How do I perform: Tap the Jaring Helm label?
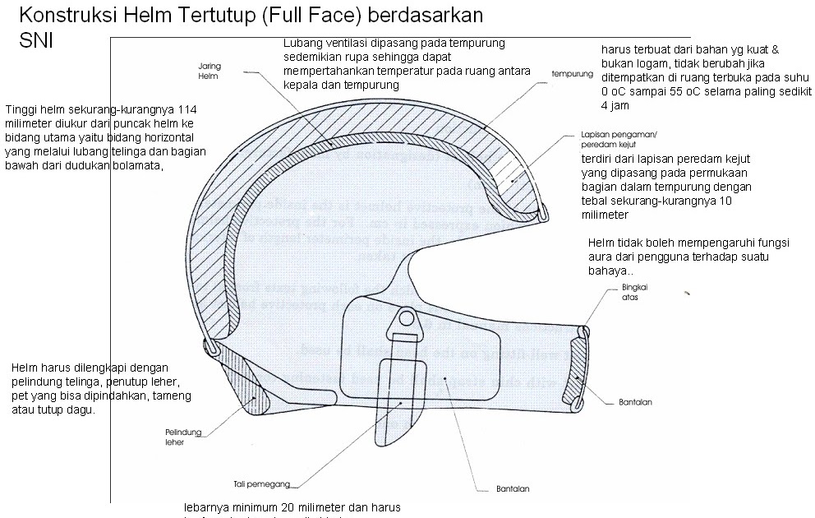pyautogui.click(x=209, y=71)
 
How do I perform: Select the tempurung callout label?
pyautogui.click(x=572, y=74)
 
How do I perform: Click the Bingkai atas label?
pyautogui.click(x=624, y=293)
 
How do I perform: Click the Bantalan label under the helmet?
pyautogui.click(x=513, y=489)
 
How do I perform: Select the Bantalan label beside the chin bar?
pyautogui.click(x=635, y=402)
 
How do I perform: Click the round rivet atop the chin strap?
pyautogui.click(x=406, y=317)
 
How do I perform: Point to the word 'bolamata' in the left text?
pyautogui.click(x=137, y=165)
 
